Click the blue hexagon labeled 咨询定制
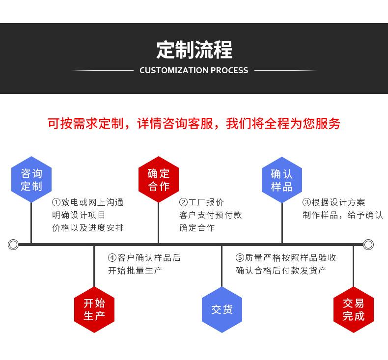[31, 180]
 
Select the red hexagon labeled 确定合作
[158, 180]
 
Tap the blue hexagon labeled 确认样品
[281, 180]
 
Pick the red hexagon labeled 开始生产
[94, 309]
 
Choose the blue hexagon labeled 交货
[222, 309]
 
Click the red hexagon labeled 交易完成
[353, 309]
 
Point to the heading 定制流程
[194, 50]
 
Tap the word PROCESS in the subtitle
[229, 70]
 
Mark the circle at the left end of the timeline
[13, 244]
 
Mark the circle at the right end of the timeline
[368, 244]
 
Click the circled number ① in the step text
[56, 202]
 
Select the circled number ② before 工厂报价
[183, 202]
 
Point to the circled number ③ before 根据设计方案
[306, 202]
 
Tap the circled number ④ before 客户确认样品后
[112, 258]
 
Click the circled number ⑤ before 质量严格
[240, 258]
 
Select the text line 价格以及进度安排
[88, 228]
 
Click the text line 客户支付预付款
[210, 215]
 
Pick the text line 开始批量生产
[135, 271]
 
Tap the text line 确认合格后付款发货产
[281, 271]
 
